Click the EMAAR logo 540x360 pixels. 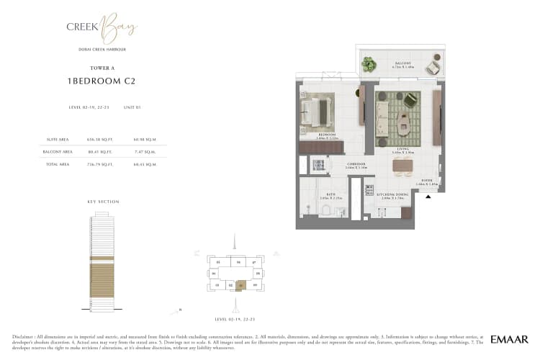510,338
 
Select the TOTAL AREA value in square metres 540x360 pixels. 145,164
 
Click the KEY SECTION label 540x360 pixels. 103,202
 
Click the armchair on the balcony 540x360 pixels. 432,68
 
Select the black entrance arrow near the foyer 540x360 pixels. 428,197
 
